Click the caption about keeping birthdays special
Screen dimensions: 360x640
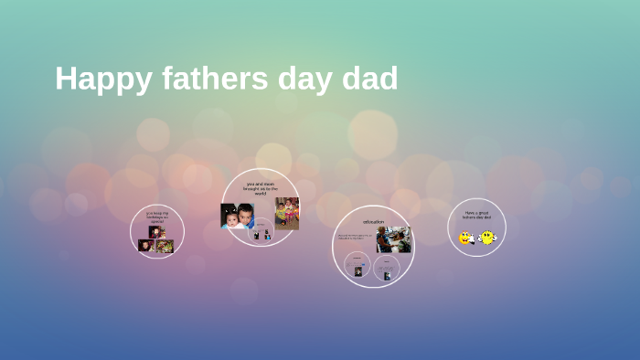pos(157,217)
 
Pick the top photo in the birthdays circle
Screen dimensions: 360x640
pos(156,232)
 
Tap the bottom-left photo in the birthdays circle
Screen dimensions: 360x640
pos(145,245)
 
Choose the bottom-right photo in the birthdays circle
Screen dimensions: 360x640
pos(165,245)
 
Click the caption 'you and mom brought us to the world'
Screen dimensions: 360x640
pos(261,188)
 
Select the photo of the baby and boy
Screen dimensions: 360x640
pos(237,216)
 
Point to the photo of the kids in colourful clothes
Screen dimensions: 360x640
pos(286,213)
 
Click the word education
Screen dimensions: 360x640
pos(373,221)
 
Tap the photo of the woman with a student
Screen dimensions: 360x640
pos(393,240)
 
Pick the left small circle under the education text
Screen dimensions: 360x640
pos(357,266)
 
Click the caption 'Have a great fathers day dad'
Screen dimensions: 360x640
pos(476,216)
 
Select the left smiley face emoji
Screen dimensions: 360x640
pos(466,238)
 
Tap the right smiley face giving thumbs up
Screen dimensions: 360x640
pos(486,238)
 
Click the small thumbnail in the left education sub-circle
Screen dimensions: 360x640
pos(357,271)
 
